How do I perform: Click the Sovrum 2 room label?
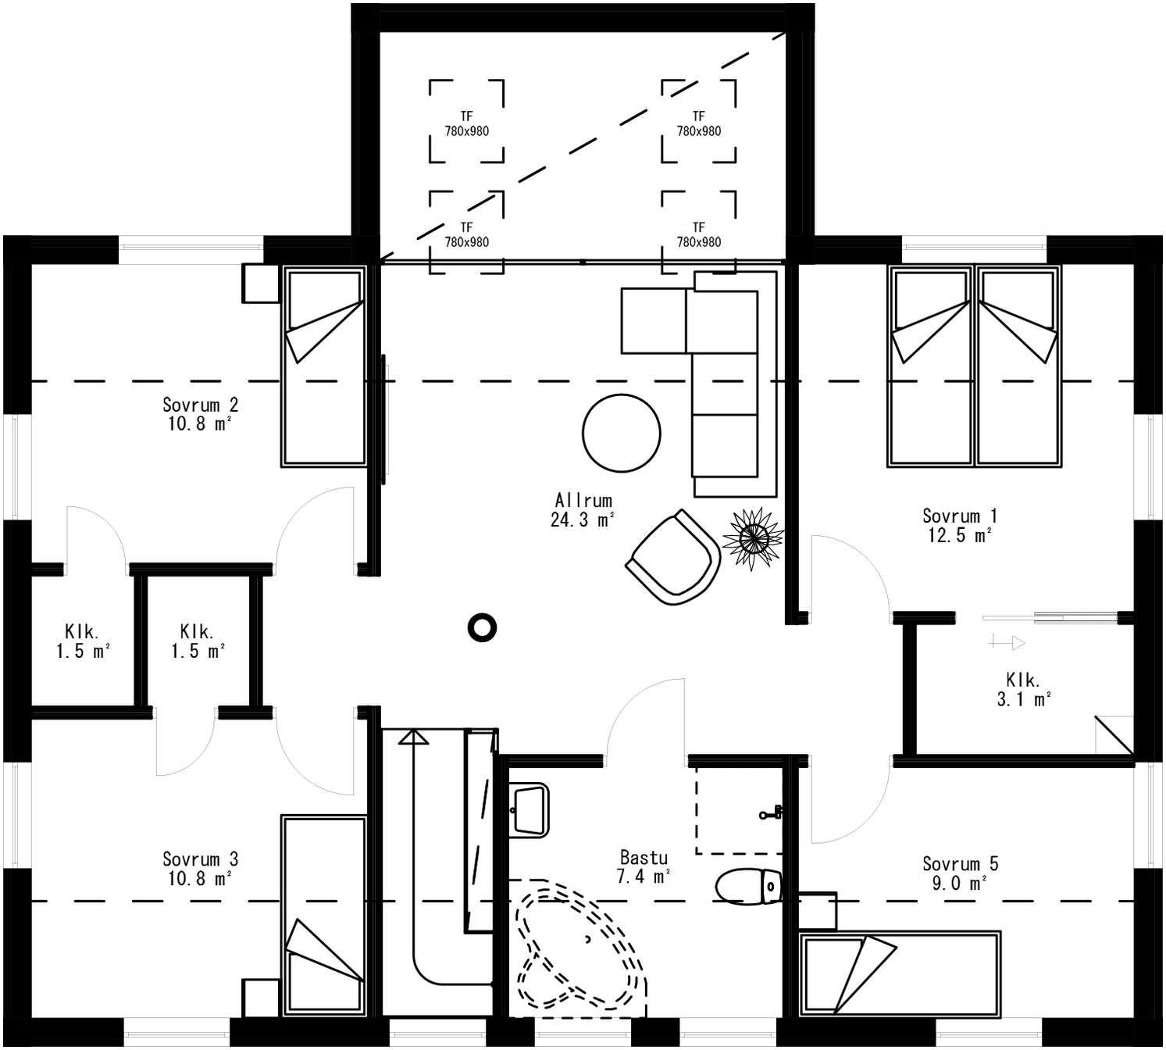pos(200,414)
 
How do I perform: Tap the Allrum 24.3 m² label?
pos(583,510)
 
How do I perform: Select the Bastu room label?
pos(644,867)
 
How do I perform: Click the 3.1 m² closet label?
pos(1022,690)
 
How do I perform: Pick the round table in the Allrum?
pos(621,433)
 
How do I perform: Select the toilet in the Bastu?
pos(748,887)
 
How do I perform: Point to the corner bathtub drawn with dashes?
pos(579,949)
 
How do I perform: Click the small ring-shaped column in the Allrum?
pos(482,627)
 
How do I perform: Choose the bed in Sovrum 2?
pos(324,367)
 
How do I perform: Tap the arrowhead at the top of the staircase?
pos(413,737)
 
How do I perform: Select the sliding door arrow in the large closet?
pos(1007,643)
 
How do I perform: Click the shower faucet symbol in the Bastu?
pos(770,813)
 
